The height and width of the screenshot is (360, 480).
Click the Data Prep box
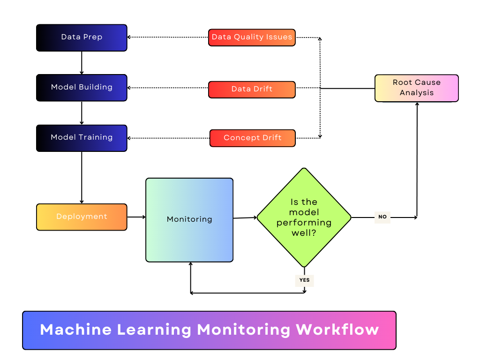click(82, 37)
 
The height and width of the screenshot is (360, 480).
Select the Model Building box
click(82, 88)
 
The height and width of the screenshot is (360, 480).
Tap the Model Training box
click(82, 138)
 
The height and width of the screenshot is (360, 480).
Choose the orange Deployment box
click(82, 217)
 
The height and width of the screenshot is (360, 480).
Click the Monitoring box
click(189, 219)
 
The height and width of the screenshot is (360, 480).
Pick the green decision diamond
click(304, 217)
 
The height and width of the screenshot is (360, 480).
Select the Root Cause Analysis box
click(416, 88)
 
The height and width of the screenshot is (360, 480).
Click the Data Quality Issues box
click(252, 37)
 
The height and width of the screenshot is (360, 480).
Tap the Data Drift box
click(252, 90)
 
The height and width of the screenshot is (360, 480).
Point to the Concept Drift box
click(252, 138)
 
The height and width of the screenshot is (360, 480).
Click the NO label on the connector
click(382, 217)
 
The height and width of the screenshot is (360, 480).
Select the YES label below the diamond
click(304, 280)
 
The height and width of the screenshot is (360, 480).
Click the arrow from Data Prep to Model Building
click(82, 63)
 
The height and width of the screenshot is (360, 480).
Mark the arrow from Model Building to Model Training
click(82, 113)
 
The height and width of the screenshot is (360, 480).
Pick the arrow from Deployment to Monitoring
click(136, 217)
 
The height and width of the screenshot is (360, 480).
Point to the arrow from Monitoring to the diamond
click(245, 217)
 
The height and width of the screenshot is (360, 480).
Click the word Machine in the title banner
click(75, 330)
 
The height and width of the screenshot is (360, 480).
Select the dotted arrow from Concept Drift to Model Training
click(168, 138)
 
